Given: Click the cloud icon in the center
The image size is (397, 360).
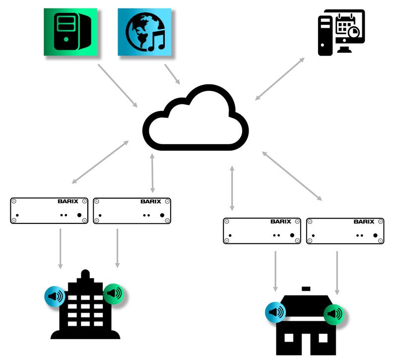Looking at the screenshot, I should point(196,119).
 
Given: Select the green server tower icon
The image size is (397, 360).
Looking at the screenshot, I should point(70,31).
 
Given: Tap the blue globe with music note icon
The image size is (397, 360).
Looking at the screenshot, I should point(144,31).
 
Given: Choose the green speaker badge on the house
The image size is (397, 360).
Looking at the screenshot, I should point(334,314).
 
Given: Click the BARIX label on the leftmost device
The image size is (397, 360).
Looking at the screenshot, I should point(68,202).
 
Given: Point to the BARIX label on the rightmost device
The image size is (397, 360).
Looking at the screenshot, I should point(364,221).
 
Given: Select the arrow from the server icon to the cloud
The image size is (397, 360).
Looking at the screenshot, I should point(118,85).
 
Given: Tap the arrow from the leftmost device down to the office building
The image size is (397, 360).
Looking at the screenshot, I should point(61,248).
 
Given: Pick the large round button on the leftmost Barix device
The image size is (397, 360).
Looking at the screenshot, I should point(79,215).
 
